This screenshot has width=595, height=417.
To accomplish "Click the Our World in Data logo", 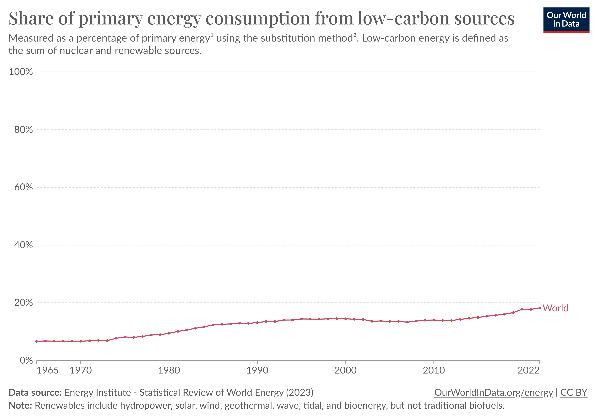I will (x=566, y=20).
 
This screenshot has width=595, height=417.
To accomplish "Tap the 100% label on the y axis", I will (x=21, y=72).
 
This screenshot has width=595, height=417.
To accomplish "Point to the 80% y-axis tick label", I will (x=23, y=130).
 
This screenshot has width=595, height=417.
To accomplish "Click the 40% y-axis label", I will (x=23, y=245).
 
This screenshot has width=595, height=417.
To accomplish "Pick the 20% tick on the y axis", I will (x=23, y=302).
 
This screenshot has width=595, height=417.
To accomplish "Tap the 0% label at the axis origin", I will (x=26, y=360).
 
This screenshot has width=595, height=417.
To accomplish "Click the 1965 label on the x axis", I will (x=47, y=370).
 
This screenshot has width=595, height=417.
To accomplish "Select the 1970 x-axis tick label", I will (x=81, y=370).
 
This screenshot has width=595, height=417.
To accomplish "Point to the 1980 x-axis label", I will (x=169, y=370).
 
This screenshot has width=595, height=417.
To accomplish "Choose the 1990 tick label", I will (x=257, y=370).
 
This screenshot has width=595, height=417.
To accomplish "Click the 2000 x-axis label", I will (x=345, y=370).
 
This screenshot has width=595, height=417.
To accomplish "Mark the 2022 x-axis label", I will (x=528, y=370).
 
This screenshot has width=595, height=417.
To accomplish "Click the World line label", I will (x=555, y=308).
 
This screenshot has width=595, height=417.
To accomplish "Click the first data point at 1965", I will (x=37, y=341).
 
